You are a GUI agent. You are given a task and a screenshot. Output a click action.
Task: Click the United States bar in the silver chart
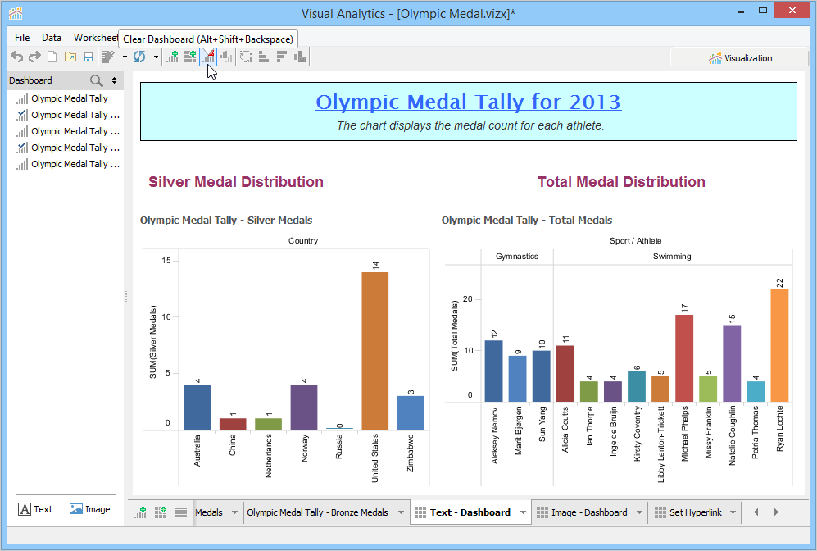click(x=374, y=351)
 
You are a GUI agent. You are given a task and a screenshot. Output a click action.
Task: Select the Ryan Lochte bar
click(x=778, y=345)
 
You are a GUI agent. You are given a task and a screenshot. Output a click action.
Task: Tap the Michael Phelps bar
click(x=684, y=358)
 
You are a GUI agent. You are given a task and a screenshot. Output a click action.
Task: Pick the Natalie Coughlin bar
click(x=731, y=363)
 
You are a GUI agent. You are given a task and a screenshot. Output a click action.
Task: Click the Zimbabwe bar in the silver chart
click(x=411, y=412)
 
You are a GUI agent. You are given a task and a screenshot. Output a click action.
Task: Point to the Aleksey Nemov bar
click(x=493, y=371)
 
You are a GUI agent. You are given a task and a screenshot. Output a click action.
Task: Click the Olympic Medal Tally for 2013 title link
click(x=468, y=102)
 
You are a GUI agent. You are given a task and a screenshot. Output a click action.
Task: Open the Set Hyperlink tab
click(x=695, y=512)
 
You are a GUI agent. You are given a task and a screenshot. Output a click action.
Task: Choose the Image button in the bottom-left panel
click(x=89, y=509)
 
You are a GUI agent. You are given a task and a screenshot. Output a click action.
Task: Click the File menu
click(x=22, y=38)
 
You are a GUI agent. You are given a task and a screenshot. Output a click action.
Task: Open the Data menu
click(x=52, y=38)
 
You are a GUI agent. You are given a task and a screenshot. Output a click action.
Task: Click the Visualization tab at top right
click(x=741, y=58)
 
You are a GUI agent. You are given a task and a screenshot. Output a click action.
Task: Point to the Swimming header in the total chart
click(x=672, y=257)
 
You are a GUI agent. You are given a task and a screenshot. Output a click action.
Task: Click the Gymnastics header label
click(x=517, y=257)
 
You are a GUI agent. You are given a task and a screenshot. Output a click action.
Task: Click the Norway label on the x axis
click(x=304, y=449)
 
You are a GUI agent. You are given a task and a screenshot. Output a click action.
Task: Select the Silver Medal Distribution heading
click(x=236, y=182)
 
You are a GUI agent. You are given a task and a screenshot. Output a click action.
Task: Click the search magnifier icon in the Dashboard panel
click(x=97, y=80)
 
